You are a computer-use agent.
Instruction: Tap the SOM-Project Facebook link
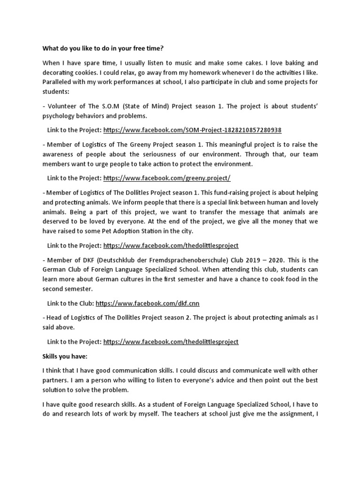(192, 130)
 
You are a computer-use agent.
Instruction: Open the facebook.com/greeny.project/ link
(167, 178)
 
